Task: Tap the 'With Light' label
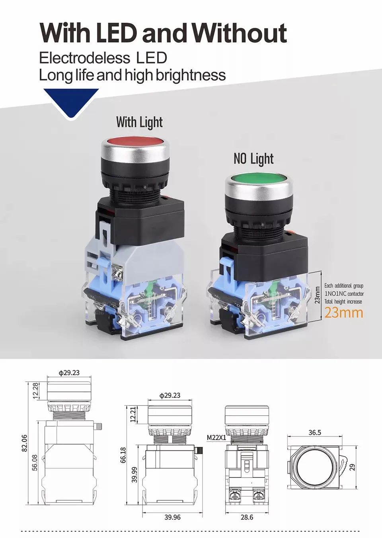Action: coord(139,122)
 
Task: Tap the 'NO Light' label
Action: coord(253,158)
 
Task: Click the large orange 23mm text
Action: coord(344,313)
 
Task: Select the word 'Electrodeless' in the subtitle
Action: coord(84,58)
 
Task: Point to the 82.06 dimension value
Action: coord(24,443)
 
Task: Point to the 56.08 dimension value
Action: coord(35,463)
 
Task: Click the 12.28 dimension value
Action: coord(35,391)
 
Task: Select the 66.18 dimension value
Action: coord(123,455)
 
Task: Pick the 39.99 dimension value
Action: coord(134,475)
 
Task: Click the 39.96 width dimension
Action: coord(172,517)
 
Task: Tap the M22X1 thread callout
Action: coord(216,437)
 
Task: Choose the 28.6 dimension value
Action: coord(247,517)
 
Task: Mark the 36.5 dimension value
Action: coord(314,432)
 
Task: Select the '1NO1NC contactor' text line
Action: coord(344,293)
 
